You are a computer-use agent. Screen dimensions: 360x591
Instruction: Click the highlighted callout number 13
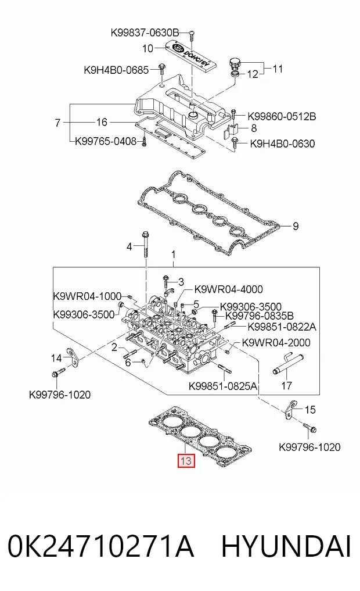coord(186,461)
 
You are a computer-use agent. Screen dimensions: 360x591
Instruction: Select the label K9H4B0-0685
coord(116,70)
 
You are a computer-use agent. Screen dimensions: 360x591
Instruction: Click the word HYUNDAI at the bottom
coord(286,546)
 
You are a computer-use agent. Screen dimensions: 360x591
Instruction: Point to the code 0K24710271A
coord(100,546)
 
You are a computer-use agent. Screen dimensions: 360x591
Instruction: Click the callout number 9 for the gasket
coord(296,226)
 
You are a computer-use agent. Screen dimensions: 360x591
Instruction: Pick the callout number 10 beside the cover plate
coord(147,48)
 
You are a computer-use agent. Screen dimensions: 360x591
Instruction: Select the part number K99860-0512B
coord(282,116)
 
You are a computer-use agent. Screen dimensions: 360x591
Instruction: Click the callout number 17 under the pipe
coord(287,386)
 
